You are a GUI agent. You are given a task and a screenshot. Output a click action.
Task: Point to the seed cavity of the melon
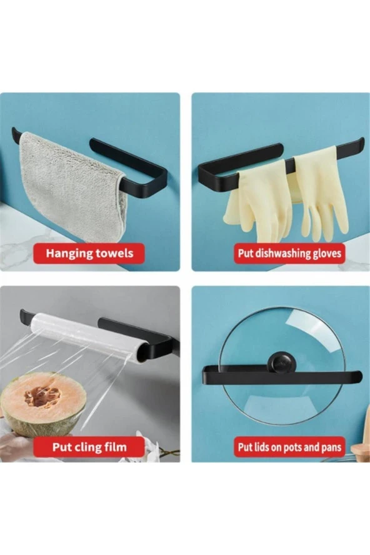42,396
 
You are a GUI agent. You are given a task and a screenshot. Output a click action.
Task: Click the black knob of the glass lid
280,362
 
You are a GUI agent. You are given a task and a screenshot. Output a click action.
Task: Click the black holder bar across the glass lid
282,377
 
